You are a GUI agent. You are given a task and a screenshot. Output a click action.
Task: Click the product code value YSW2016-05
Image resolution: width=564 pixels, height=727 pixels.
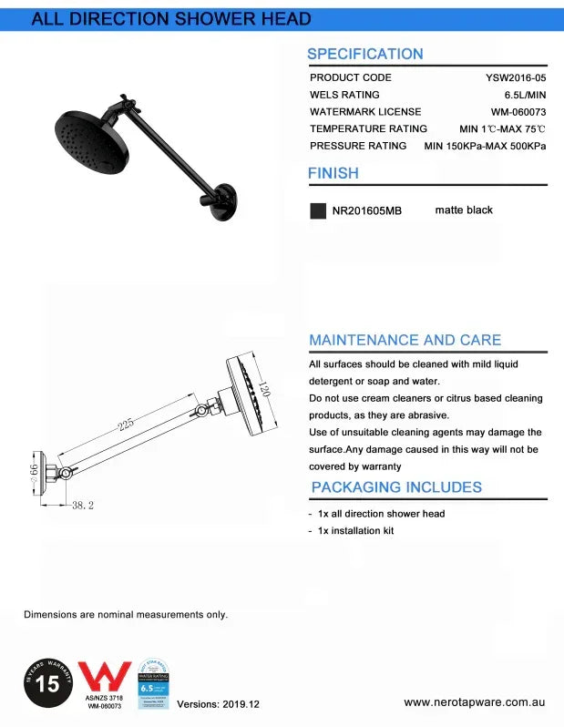pos(516,77)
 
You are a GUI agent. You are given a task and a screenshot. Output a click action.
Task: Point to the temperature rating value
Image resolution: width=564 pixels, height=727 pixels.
pos(502,129)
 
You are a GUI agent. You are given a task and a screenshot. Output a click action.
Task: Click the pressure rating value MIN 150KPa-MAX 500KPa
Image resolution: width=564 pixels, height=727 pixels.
pos(486,146)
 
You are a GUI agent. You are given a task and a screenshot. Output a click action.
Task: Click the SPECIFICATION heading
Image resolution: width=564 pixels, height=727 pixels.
pos(364,54)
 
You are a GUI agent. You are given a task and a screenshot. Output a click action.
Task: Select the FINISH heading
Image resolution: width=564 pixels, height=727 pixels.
pos(333,173)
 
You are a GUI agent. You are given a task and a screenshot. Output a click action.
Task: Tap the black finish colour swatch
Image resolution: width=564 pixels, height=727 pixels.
pos(318,210)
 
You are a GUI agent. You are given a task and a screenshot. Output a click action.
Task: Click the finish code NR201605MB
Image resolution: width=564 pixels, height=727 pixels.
pos(366,210)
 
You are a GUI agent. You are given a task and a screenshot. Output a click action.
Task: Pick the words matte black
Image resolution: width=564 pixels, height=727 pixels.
pos(464,210)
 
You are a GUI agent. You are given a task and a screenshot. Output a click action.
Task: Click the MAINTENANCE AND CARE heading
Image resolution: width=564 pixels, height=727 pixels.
pos(405,340)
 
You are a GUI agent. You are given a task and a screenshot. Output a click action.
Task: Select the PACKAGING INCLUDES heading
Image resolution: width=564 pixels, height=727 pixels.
pos(396,487)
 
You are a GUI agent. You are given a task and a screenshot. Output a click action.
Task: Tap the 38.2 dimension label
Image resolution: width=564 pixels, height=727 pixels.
pos(83,505)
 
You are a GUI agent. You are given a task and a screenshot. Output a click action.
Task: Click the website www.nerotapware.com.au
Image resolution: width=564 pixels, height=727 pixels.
pos(475,703)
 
